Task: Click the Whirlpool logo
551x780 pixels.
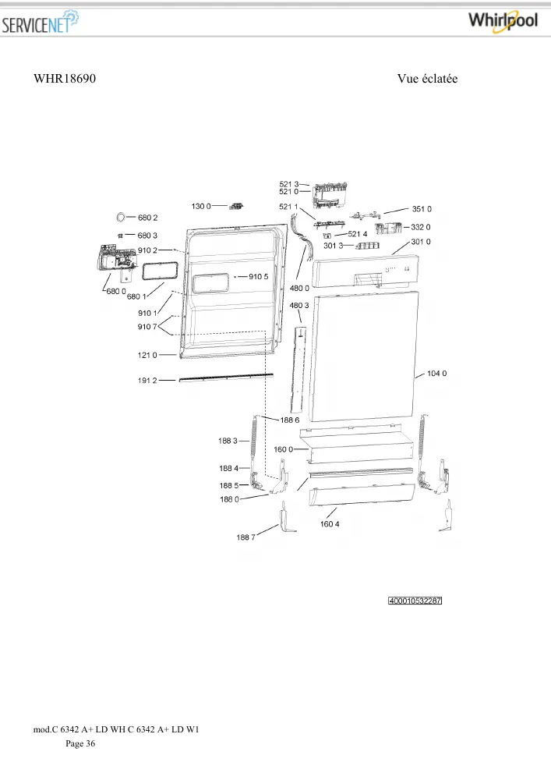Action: coord(503,21)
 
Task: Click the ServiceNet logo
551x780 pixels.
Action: coord(40,23)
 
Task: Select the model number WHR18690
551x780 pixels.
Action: coord(65,79)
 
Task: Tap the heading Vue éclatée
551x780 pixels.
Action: coord(427,79)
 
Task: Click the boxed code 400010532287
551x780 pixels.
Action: coord(415,601)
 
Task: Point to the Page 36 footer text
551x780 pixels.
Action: coord(80,743)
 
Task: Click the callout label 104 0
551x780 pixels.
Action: coord(436,373)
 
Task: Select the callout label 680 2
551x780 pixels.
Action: coord(147,218)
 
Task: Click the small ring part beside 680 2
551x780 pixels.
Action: coord(120,217)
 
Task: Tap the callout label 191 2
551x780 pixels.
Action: coord(147,381)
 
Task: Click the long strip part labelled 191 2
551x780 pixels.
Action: coord(226,378)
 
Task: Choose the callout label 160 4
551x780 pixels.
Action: coord(330,524)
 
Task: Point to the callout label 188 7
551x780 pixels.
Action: coord(246,537)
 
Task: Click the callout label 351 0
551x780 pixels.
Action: coord(422,209)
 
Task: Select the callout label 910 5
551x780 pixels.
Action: coord(259,277)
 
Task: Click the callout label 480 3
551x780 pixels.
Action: coord(299,306)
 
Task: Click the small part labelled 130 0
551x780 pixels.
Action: coord(237,206)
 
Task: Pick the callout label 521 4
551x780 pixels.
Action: coord(358,234)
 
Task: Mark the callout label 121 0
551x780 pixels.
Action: coord(147,355)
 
